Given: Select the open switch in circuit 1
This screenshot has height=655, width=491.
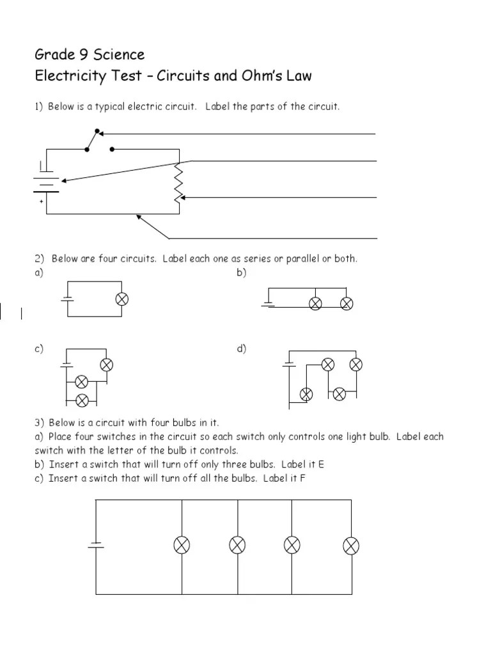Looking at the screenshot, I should click(98, 143).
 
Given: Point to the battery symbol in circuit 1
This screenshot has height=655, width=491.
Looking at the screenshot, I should click(46, 181).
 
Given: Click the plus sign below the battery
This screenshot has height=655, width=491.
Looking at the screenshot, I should click(42, 201).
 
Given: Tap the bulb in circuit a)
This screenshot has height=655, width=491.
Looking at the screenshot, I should click(122, 299).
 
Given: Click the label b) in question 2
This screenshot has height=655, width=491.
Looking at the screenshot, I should click(241, 272).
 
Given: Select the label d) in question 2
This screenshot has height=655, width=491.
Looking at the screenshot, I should click(241, 349).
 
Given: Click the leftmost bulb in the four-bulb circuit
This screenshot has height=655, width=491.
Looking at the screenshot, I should click(182, 546).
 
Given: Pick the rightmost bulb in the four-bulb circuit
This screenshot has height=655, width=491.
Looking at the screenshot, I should click(352, 546).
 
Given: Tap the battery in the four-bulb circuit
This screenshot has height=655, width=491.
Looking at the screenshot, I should click(96, 546).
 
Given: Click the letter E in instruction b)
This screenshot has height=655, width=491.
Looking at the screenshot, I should click(329, 464).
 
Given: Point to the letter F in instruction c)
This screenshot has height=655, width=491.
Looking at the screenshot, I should click(303, 478).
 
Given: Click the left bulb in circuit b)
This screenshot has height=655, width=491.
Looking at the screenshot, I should click(315, 303).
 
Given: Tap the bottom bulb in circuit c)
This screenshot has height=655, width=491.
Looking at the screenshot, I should click(82, 400).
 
